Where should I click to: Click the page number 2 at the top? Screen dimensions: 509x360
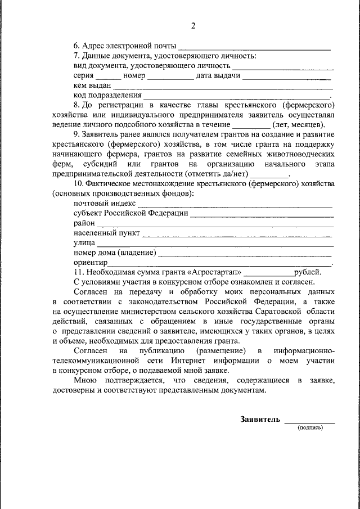192,26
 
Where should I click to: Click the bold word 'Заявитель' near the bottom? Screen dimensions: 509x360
259,420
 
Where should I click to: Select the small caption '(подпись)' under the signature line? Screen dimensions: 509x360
310,427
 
